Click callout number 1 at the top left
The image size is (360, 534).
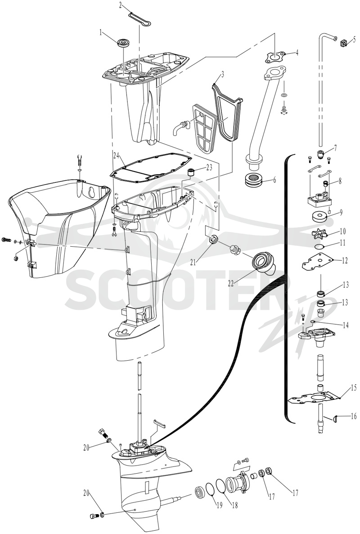[x=101, y=33]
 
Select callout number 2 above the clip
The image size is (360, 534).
[x=121, y=5]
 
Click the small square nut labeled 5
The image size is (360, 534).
[x=344, y=43]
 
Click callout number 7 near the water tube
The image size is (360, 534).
[x=335, y=148]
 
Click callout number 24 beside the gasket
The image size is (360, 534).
[x=117, y=156]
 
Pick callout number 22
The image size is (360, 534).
[x=231, y=283]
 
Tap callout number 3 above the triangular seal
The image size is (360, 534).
[x=223, y=75]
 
